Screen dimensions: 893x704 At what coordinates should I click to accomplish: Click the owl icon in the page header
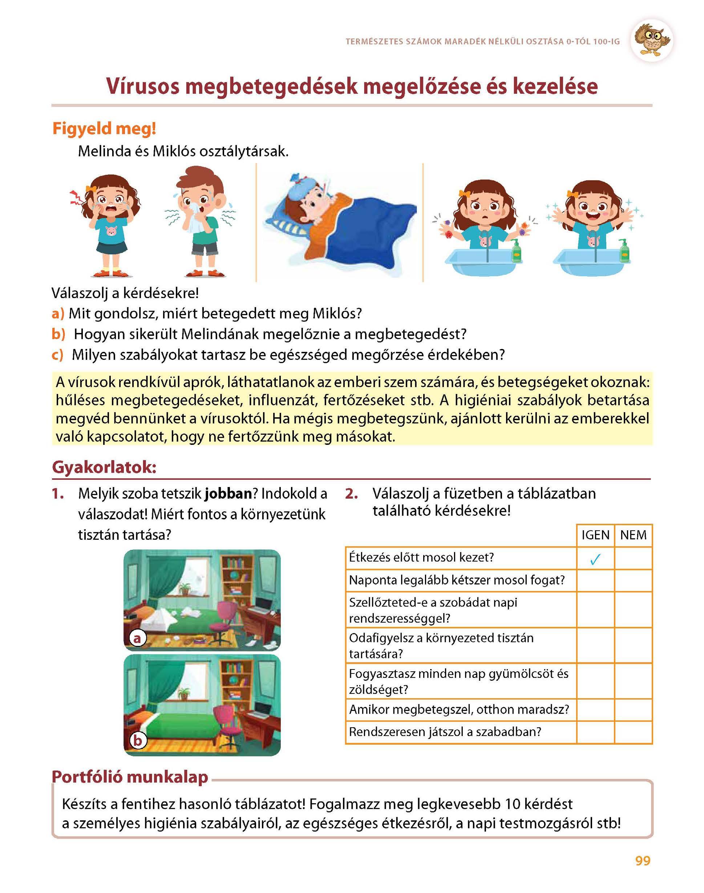(x=652, y=40)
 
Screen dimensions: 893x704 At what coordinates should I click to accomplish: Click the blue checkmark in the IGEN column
(x=595, y=559)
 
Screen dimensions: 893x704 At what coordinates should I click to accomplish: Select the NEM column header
(x=633, y=535)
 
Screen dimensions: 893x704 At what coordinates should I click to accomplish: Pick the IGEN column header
(x=595, y=535)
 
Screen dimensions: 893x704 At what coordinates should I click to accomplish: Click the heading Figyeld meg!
(x=104, y=129)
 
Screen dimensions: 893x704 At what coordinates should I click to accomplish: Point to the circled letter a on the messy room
(x=137, y=638)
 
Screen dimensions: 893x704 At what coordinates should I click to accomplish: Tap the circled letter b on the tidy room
(x=137, y=740)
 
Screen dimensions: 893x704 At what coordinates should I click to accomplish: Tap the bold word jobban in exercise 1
(x=228, y=494)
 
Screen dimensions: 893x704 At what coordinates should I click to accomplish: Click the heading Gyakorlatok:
(x=104, y=467)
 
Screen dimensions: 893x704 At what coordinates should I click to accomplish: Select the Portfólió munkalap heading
(x=130, y=777)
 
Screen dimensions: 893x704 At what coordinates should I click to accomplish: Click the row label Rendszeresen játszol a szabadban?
(x=445, y=732)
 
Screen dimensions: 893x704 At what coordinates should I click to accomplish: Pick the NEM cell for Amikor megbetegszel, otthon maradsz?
(x=633, y=709)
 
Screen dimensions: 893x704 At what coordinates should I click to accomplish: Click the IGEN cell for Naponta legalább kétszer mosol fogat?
(x=595, y=580)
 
